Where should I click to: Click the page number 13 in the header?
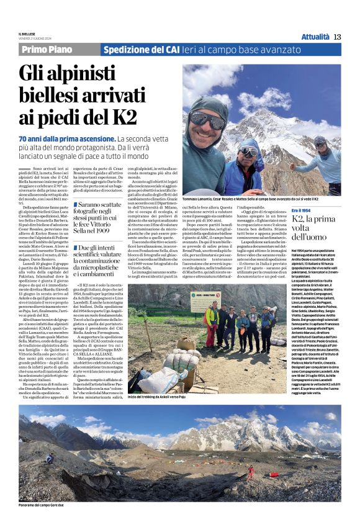pos(337,37)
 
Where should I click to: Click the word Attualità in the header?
pos(315,37)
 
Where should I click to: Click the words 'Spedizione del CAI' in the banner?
pos(141,50)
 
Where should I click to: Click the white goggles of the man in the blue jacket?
pos(249,151)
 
